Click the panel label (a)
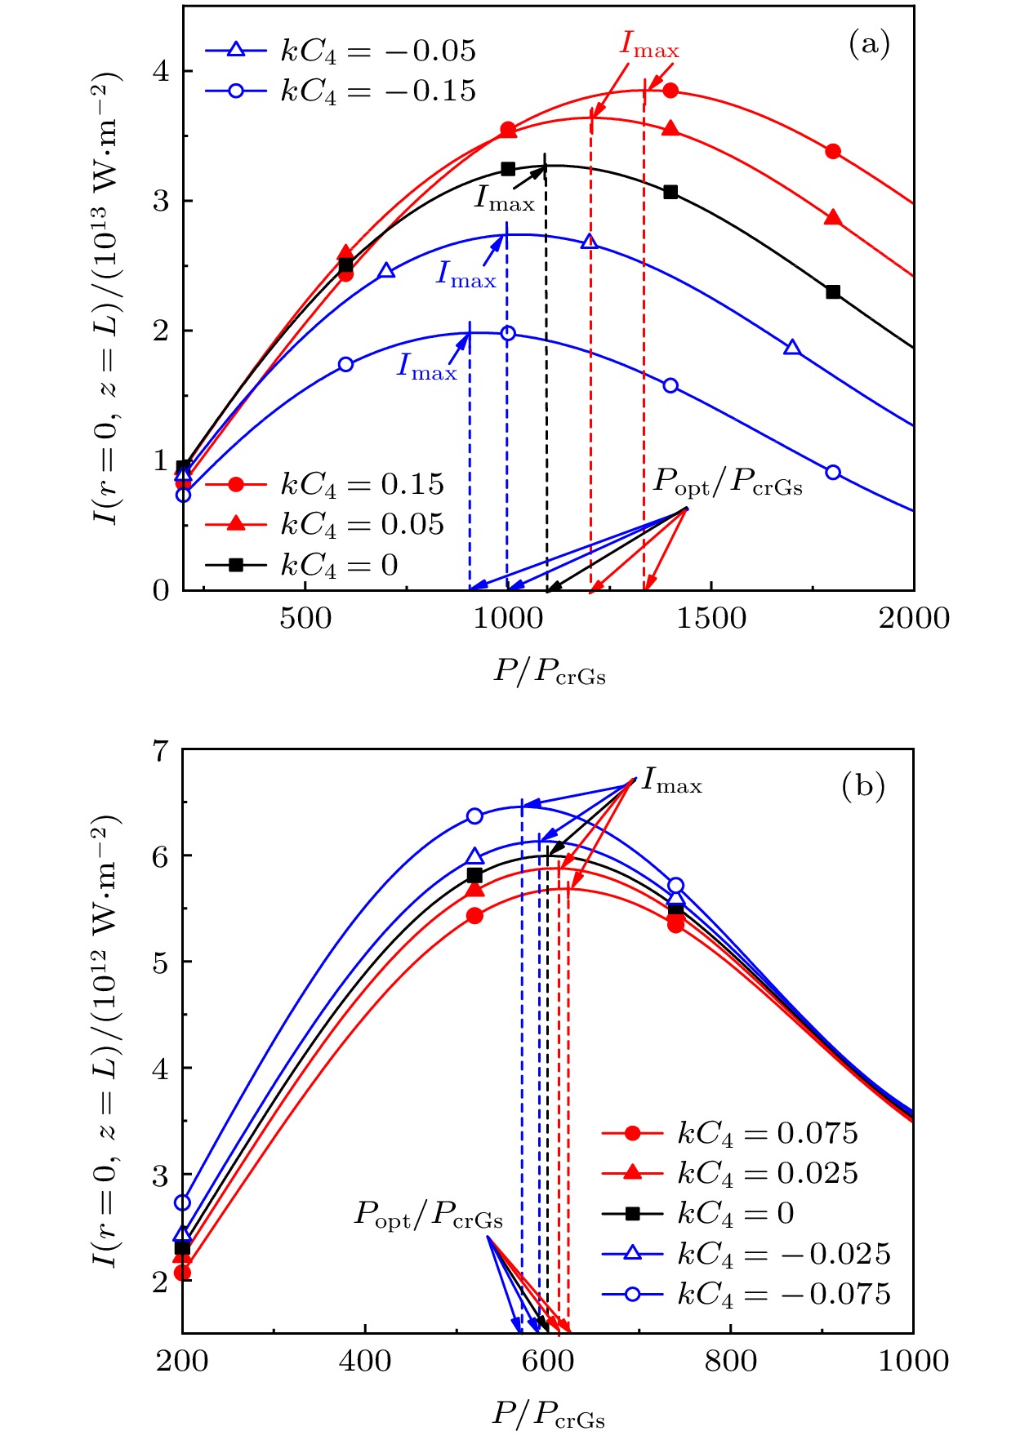coord(869,44)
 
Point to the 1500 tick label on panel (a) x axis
coord(710,618)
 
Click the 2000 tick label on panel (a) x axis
coord(914,618)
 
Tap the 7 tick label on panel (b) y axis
coord(161,749)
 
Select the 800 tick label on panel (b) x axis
coord(730,1361)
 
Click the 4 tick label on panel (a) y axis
coord(161,71)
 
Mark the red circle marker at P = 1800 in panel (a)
coord(833,151)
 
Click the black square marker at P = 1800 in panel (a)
coord(833,291)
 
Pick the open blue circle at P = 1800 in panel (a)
coord(833,472)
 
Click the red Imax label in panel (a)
coord(649,44)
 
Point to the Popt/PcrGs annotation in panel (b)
coord(428,1215)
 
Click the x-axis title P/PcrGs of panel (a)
coord(549,672)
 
